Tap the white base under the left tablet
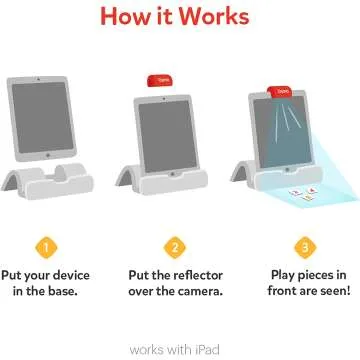pos(58,182)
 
